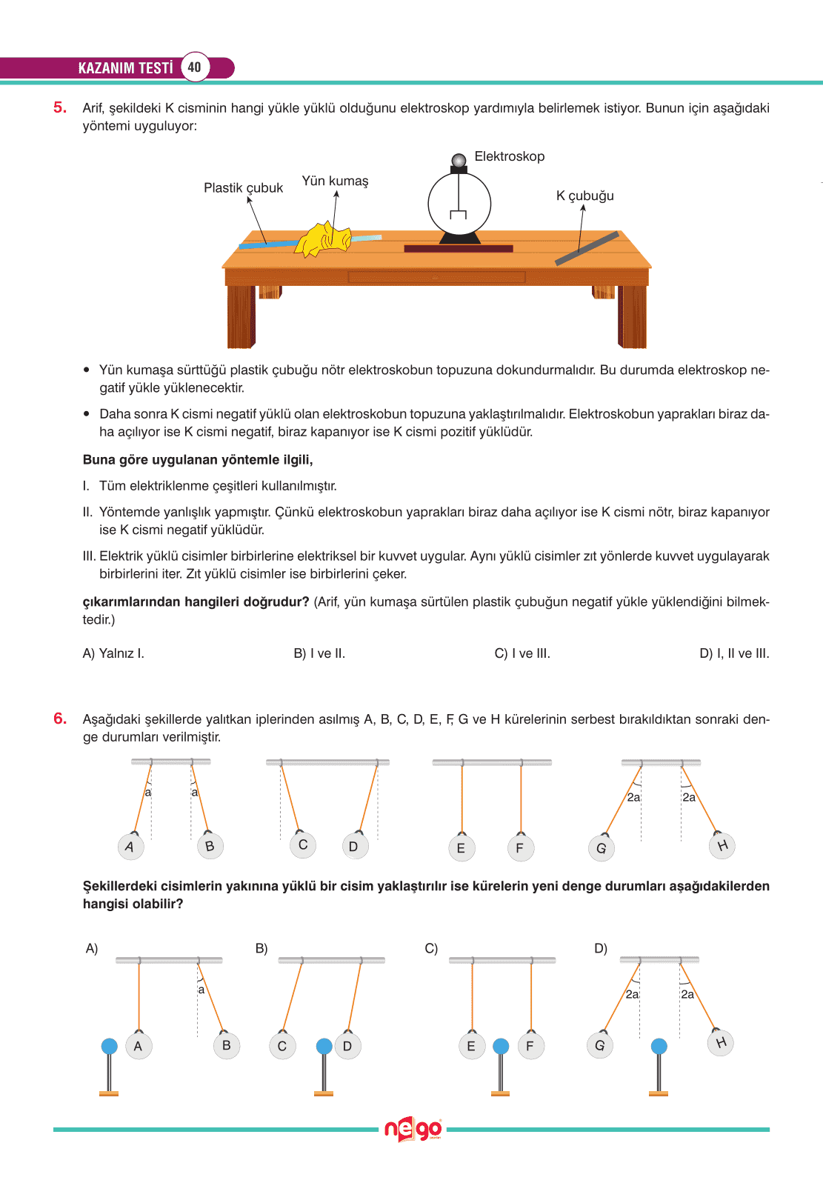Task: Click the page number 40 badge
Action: [194, 67]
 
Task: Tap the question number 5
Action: [59, 107]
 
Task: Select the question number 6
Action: [59, 719]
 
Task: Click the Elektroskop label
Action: [509, 156]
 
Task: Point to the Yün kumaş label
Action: [335, 181]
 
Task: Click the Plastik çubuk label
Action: [243, 188]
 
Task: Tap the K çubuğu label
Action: [584, 196]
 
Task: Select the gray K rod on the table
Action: [587, 249]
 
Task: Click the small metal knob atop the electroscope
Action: [459, 160]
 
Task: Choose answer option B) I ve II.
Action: [319, 653]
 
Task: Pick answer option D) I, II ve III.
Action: [734, 653]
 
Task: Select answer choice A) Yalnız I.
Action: [113, 653]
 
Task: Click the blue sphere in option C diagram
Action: [501, 1047]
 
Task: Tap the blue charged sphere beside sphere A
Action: [109, 1047]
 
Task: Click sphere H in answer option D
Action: [721, 1043]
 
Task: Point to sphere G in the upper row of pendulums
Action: [601, 848]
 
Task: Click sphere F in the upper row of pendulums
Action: [519, 848]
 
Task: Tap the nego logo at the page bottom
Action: [413, 1130]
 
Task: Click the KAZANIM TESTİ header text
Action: [125, 68]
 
